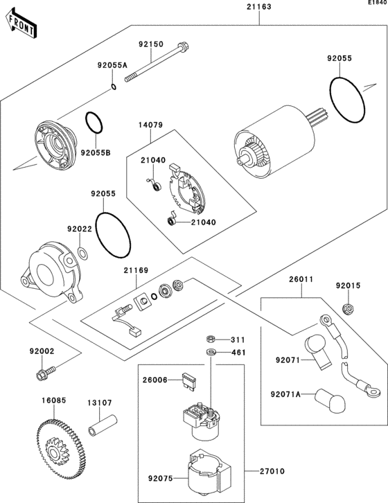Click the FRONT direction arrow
tap(21, 24)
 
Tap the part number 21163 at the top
tap(259, 6)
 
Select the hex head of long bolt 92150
tap(183, 47)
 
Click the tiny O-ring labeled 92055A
tap(113, 87)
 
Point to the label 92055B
tap(96, 153)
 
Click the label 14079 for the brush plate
tap(151, 125)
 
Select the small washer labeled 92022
tap(83, 253)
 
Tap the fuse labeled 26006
tap(189, 381)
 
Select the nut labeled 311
tap(210, 339)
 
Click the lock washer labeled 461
tap(211, 352)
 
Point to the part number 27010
tap(272, 471)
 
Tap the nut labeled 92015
tap(349, 308)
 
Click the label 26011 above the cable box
tap(301, 279)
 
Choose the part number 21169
tap(136, 270)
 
